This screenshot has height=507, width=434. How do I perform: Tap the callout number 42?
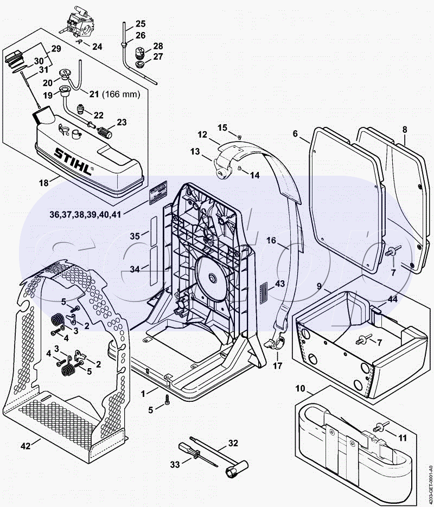[25, 446]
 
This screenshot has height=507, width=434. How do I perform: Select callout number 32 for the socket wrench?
[233, 443]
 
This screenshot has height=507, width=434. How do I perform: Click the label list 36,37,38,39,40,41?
[85, 214]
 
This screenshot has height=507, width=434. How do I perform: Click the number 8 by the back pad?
[404, 130]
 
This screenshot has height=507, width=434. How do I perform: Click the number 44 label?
[392, 298]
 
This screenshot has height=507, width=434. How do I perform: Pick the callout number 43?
[279, 284]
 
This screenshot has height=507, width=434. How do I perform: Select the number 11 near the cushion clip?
[402, 437]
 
